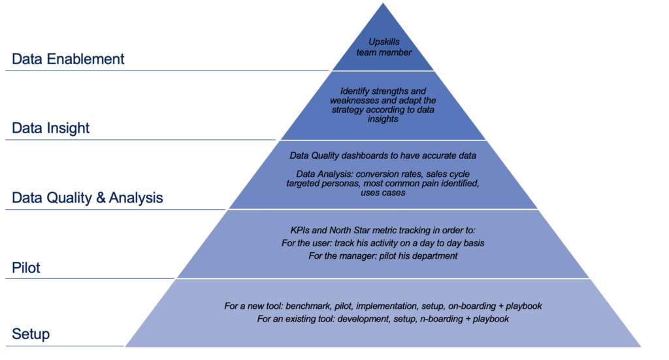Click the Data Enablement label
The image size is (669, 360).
point(68,59)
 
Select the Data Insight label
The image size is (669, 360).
point(50,128)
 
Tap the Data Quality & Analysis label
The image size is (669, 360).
point(87,198)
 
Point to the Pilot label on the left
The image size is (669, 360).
point(25,268)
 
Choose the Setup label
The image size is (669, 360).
point(31,334)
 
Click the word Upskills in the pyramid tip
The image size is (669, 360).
point(384,42)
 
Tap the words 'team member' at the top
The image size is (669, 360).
point(384,52)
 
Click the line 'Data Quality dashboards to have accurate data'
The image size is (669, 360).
point(383,155)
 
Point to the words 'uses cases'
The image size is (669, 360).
point(383,193)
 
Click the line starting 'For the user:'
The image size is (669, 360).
point(383,243)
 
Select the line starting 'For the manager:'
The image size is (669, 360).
point(383,256)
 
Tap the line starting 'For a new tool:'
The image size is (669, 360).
point(383,306)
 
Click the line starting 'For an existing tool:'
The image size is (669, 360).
point(383,319)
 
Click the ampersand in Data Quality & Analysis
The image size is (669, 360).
point(101,198)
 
